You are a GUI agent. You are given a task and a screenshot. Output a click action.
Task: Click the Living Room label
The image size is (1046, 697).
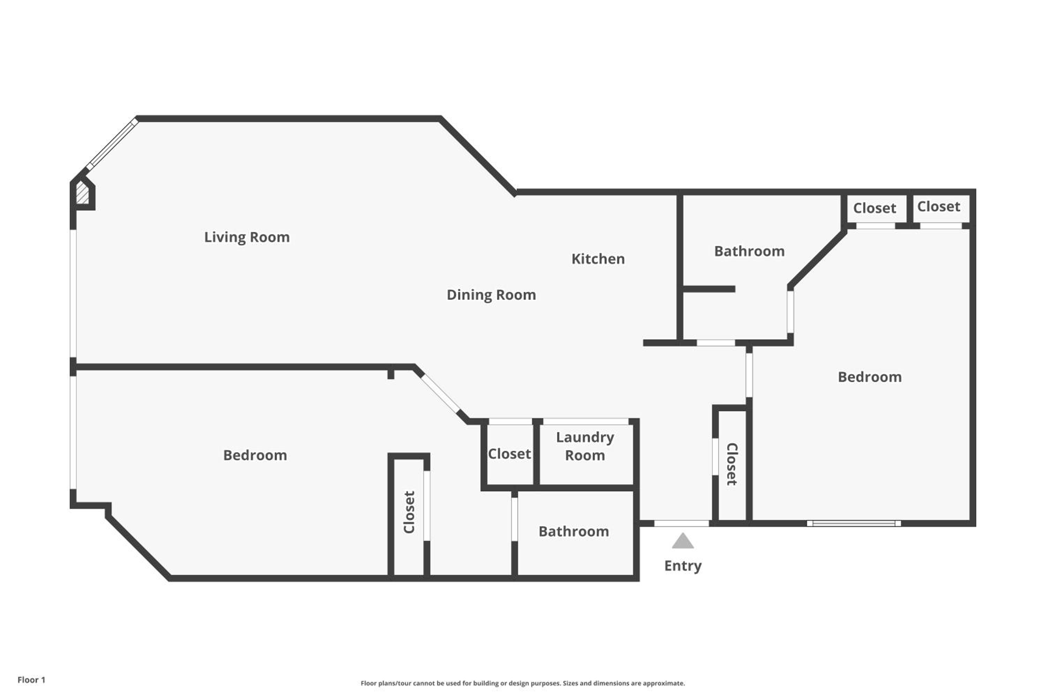pyautogui.click(x=247, y=237)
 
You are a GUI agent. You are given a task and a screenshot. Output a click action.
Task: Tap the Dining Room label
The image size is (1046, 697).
pyautogui.click(x=491, y=295)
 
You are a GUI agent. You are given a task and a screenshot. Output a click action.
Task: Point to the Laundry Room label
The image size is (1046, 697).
pyautogui.click(x=585, y=446)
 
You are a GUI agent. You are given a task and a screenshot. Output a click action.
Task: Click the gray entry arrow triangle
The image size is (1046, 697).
pyautogui.click(x=683, y=541)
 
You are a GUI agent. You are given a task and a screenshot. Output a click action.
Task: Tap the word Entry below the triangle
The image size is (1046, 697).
pyautogui.click(x=683, y=566)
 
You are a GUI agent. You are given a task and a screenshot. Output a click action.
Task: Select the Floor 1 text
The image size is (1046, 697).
pyautogui.click(x=31, y=680)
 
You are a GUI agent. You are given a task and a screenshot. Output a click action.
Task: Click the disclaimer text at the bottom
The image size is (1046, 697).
pyautogui.click(x=523, y=683)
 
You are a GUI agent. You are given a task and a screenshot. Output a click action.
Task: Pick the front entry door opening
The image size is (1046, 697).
pyautogui.click(x=681, y=524)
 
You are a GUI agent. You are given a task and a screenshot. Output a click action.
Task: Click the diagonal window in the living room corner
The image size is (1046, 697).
pyautogui.click(x=112, y=144)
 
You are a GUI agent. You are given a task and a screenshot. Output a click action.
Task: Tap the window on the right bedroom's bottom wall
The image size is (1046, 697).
pyautogui.click(x=854, y=524)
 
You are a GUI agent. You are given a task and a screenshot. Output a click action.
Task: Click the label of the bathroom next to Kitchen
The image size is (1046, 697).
pyautogui.click(x=749, y=252)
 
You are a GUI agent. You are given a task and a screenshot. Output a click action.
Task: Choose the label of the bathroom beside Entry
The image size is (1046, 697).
pyautogui.click(x=574, y=532)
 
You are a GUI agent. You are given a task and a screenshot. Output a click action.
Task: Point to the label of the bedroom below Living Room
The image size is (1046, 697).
pyautogui.click(x=255, y=455)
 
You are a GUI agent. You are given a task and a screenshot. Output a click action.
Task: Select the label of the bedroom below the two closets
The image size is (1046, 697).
pyautogui.click(x=870, y=377)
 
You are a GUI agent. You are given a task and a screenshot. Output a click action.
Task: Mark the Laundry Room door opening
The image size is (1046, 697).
pyautogui.click(x=586, y=421)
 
